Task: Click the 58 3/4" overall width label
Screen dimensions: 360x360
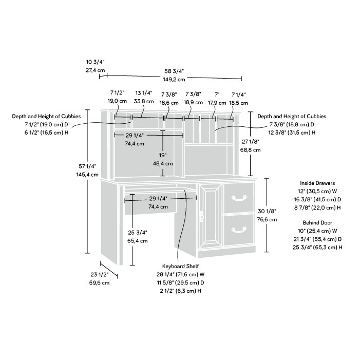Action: click(174, 70)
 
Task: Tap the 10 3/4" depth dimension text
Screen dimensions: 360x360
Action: click(95, 61)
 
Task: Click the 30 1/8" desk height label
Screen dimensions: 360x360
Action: click(268, 211)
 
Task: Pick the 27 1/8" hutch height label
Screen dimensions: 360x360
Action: click(251, 142)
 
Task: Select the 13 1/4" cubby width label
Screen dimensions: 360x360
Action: click(143, 93)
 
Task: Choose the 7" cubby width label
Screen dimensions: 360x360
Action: click(217, 94)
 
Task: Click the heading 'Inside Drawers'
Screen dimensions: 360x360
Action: click(318, 183)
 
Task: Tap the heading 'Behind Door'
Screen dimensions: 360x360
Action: click(318, 222)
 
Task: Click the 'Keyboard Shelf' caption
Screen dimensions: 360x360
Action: click(180, 267)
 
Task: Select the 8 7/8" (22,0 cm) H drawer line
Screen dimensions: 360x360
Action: click(318, 207)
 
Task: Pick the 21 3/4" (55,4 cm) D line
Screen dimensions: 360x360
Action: click(318, 239)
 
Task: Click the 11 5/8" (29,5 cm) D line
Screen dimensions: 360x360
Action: click(180, 282)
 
